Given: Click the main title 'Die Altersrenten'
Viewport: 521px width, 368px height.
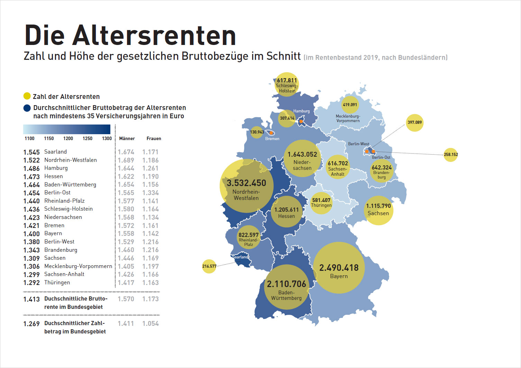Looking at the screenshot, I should click(x=130, y=35).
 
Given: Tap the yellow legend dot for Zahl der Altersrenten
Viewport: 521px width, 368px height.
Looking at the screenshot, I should click(x=27, y=96).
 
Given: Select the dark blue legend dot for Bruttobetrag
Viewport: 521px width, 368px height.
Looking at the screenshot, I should click(x=27, y=108).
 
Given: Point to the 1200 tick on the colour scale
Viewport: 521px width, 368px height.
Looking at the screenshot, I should click(x=68, y=138).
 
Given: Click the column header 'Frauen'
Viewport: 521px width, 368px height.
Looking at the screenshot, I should click(x=154, y=138).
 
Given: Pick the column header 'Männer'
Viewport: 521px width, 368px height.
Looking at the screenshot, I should click(x=127, y=138).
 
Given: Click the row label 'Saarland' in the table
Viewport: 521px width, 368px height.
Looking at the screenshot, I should click(x=55, y=152).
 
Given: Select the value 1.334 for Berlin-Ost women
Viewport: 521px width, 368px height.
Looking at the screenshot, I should click(x=150, y=193).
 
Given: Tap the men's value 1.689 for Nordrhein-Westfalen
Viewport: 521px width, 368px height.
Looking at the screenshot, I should click(x=126, y=160).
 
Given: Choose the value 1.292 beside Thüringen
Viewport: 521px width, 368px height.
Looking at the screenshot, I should click(x=31, y=283).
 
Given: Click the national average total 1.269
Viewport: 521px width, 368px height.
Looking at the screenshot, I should click(x=31, y=324).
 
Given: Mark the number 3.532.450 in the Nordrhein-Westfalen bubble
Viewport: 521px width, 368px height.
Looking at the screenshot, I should click(x=246, y=183).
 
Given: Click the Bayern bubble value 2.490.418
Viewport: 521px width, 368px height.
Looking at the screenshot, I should click(x=339, y=268).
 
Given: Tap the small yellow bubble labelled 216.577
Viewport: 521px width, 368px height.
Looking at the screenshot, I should click(x=209, y=266).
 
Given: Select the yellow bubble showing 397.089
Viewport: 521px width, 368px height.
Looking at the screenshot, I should click(x=414, y=122).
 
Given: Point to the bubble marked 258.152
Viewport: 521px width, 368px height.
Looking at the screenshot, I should click(x=450, y=155).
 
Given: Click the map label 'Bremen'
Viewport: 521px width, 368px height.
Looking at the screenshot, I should click(x=272, y=139).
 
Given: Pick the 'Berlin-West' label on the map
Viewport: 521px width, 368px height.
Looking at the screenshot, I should click(x=358, y=144).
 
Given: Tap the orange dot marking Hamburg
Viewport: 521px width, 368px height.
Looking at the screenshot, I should click(x=301, y=121).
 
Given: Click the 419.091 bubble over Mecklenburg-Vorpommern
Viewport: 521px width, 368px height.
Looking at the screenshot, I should click(x=350, y=105).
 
